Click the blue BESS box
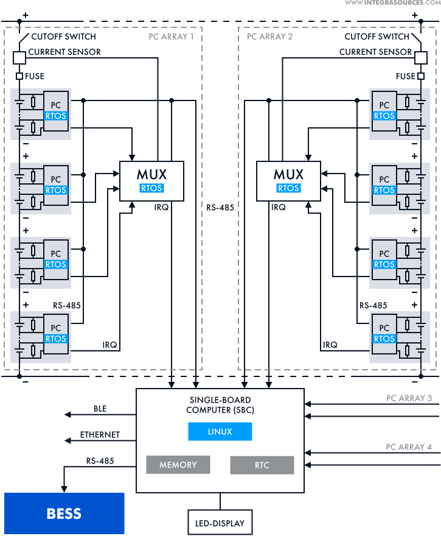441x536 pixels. [x=64, y=513]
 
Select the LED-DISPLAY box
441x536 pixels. [x=220, y=523]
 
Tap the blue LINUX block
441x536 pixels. [x=220, y=432]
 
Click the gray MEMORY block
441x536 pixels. [x=178, y=465]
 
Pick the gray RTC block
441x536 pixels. [x=262, y=465]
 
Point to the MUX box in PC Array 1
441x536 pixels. [x=151, y=180]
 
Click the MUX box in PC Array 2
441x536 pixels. [x=288, y=180]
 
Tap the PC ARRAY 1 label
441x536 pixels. [x=172, y=37]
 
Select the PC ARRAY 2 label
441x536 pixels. [x=269, y=37]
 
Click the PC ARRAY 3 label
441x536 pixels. [x=409, y=398]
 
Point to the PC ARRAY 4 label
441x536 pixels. [x=409, y=447]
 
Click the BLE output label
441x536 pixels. [x=100, y=409]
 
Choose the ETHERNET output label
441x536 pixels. [x=100, y=435]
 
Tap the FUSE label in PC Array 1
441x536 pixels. [x=34, y=76]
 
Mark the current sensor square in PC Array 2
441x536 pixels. [x=420, y=57]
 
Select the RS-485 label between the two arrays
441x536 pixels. [x=220, y=207]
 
